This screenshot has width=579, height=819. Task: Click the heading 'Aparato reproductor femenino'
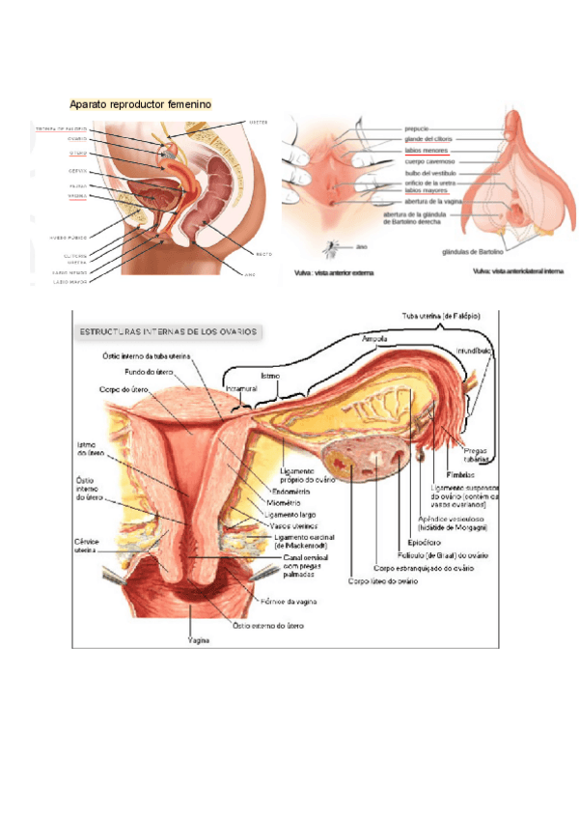(x=140, y=103)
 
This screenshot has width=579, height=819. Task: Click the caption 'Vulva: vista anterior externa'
(x=334, y=272)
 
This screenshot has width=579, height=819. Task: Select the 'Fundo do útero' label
(x=150, y=371)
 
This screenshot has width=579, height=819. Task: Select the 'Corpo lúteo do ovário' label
(x=383, y=581)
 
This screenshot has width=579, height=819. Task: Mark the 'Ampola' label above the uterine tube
(x=374, y=339)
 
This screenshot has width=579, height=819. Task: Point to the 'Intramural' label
(x=238, y=389)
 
